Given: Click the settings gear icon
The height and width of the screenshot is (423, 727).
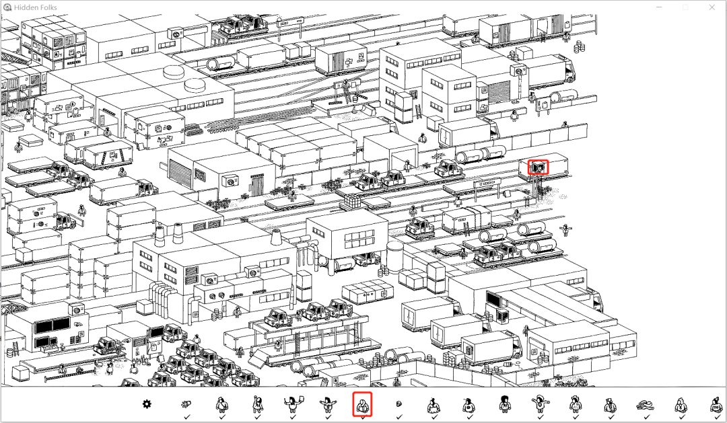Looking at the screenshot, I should point(147,404).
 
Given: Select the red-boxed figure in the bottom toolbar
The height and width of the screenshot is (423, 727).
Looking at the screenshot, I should point(362,405).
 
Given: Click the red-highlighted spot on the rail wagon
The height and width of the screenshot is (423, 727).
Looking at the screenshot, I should point(538,167).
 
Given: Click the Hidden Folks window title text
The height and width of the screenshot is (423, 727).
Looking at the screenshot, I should point(36,7).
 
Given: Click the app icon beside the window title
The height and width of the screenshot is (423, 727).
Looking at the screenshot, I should point(7,7).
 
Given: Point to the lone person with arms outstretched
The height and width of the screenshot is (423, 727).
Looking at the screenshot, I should point(566,231).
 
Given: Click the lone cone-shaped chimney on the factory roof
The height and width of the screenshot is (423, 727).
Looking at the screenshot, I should point(276,237).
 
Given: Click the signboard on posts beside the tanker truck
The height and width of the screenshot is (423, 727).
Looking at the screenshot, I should point(485,183).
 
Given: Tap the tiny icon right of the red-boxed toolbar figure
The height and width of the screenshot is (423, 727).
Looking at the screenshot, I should point(398,405).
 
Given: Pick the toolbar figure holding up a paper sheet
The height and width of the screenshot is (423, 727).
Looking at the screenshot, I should point(291,405).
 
